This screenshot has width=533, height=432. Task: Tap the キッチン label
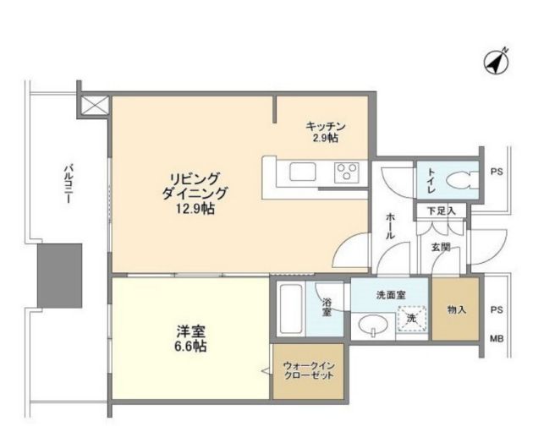click(x=326, y=127)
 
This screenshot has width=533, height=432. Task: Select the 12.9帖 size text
click(x=195, y=209)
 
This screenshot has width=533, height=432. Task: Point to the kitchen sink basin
click(x=303, y=172)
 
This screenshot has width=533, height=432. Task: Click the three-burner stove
click(x=346, y=172)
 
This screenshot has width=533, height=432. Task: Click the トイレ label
click(x=431, y=181)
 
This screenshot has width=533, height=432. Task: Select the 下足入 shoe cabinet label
click(x=441, y=211)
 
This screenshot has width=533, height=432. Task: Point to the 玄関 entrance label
click(x=441, y=247)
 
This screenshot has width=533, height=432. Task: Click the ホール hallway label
click(x=390, y=227)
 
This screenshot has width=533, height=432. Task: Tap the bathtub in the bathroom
click(x=291, y=309)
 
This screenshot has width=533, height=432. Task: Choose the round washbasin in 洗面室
click(x=374, y=325)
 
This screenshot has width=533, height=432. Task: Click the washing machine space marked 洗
click(x=412, y=319)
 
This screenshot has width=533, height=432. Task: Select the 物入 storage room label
click(x=456, y=309)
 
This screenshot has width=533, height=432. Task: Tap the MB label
click(x=497, y=338)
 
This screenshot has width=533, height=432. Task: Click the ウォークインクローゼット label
click(x=309, y=370)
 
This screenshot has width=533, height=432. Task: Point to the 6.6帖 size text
click(x=190, y=346)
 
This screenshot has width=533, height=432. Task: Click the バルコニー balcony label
click(x=69, y=183)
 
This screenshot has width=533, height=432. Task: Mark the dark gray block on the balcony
click(x=60, y=276)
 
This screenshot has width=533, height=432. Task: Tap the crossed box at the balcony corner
click(x=95, y=105)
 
